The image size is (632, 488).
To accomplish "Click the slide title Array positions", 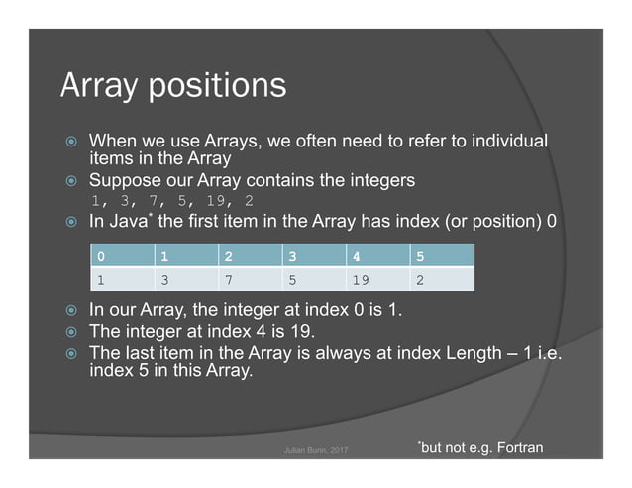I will [x=173, y=85].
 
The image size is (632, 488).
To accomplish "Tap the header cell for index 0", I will [x=120, y=256].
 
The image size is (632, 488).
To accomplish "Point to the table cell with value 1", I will [x=120, y=278].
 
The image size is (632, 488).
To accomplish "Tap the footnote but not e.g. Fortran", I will [x=479, y=449].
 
